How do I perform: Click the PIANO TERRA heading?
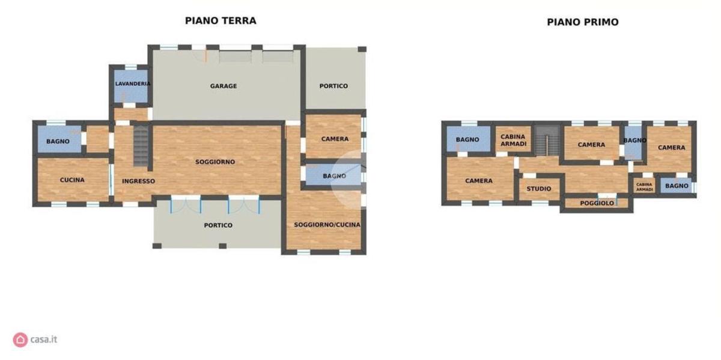pos(221,21)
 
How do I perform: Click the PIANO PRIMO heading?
pos(583,22)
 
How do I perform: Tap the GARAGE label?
pos(224,86)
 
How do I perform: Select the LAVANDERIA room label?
pos(133,84)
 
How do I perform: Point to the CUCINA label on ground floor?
pos(72,180)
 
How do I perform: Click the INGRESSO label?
pos(138,182)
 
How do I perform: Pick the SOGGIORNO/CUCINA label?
pos(327,225)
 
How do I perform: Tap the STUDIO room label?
pos(539,189)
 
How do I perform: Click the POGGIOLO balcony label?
pos(597,203)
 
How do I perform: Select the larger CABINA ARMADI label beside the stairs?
pos(513,141)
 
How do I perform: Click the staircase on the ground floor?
pos(141,145)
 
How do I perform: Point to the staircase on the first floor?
pos(547,141)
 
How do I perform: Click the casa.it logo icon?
pos(20,340)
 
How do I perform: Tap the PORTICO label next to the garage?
pos(333,86)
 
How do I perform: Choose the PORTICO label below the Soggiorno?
pos(218,225)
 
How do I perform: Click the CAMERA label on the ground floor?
pos(335,139)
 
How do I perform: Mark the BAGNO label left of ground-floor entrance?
pos(58,141)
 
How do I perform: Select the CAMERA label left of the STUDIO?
pos(479,181)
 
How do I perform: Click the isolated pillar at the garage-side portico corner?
pos(362,49)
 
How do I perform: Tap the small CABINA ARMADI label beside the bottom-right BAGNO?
pos(644,187)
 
